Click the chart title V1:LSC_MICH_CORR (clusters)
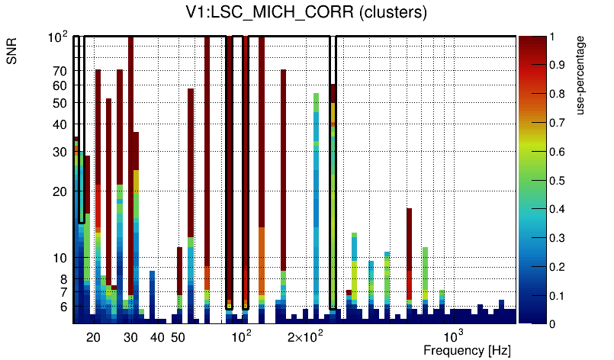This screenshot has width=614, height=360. click(306, 13)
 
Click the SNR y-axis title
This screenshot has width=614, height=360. click(13, 55)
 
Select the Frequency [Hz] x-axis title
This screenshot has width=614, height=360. click(467, 350)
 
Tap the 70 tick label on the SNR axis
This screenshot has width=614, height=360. click(59, 71)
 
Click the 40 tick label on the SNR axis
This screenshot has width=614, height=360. click(59, 124)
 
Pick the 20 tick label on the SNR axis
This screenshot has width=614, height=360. click(59, 191)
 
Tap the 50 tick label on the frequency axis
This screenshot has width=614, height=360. click(177, 337)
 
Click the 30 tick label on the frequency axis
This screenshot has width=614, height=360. click(131, 337)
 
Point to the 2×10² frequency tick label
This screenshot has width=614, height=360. click(304, 336)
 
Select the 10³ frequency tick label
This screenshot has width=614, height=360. click(454, 336)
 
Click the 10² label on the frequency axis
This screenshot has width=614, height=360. click(240, 336)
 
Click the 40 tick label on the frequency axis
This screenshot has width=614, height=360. click(157, 337)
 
